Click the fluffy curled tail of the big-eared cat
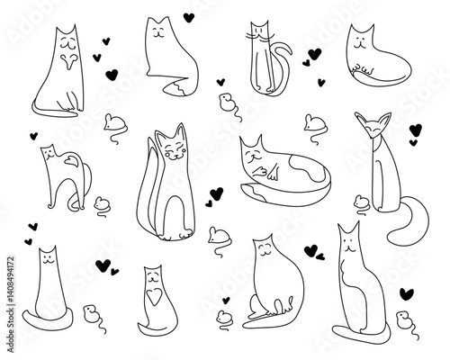410,225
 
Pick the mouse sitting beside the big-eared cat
360,203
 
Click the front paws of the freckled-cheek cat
182,236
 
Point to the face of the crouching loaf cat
363,40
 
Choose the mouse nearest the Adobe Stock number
90,313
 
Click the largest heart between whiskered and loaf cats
315,52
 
